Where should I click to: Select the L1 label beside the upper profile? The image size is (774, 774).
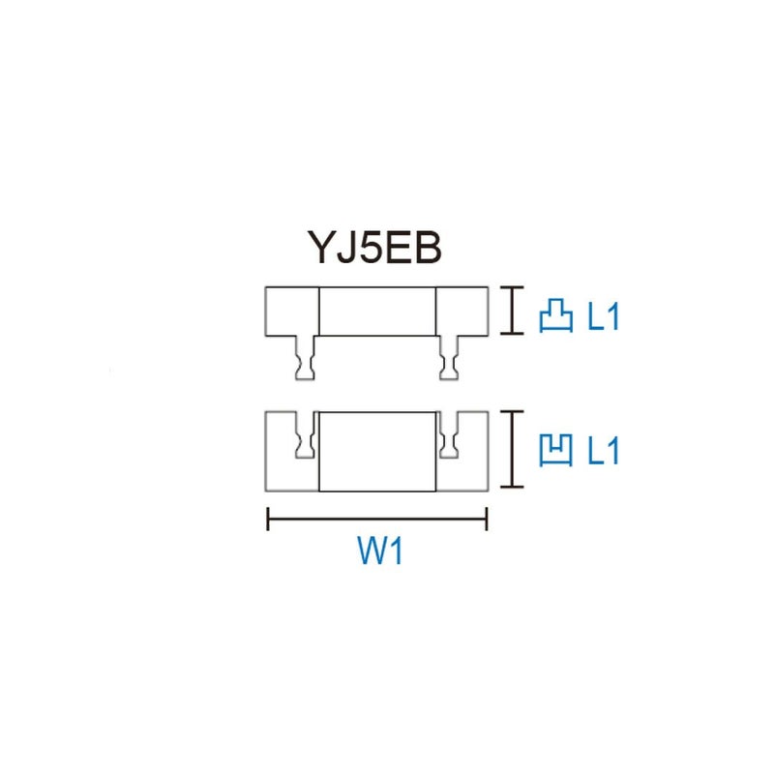tap(603, 316)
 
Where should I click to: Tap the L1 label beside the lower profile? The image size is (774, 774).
tap(603, 450)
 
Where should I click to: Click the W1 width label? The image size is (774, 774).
tap(377, 554)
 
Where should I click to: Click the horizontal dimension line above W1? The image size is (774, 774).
tap(377, 521)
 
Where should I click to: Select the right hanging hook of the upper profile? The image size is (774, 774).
tap(449, 359)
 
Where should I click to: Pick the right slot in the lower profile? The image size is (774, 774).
tap(448, 437)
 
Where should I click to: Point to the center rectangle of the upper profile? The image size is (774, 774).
tap(377, 311)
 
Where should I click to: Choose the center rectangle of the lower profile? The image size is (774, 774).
tap(377, 451)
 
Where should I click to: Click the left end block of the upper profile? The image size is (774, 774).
tap(292, 311)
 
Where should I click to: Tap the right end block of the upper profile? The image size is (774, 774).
tap(461, 311)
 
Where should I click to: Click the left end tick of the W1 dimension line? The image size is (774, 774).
tap(268, 521)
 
